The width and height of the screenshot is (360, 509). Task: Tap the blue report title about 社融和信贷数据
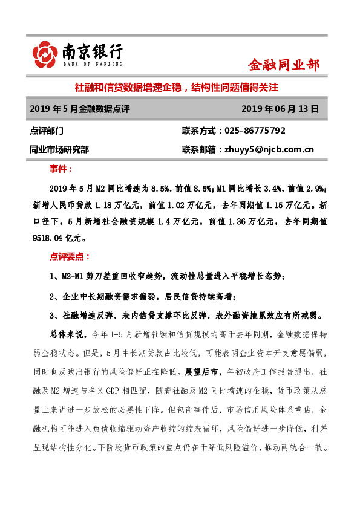click(x=175, y=87)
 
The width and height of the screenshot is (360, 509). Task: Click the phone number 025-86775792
click(x=255, y=131)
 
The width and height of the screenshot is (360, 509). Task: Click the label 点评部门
click(x=46, y=131)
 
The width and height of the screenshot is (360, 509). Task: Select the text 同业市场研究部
click(x=59, y=149)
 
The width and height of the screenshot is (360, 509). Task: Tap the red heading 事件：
click(x=61, y=169)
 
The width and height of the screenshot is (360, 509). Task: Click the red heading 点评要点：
click(x=70, y=256)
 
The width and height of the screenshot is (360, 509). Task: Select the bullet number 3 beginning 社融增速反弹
click(x=53, y=315)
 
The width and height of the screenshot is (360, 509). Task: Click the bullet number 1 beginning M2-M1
click(x=53, y=276)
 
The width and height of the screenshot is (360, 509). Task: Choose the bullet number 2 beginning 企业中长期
click(x=53, y=296)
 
